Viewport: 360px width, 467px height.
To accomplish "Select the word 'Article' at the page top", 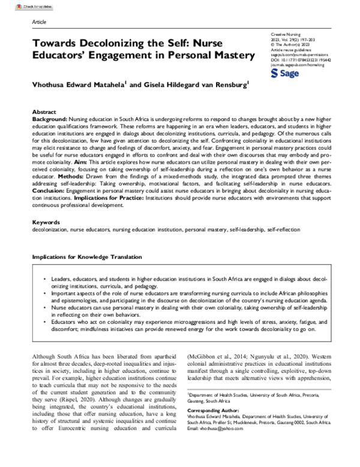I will [x=38, y=21].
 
